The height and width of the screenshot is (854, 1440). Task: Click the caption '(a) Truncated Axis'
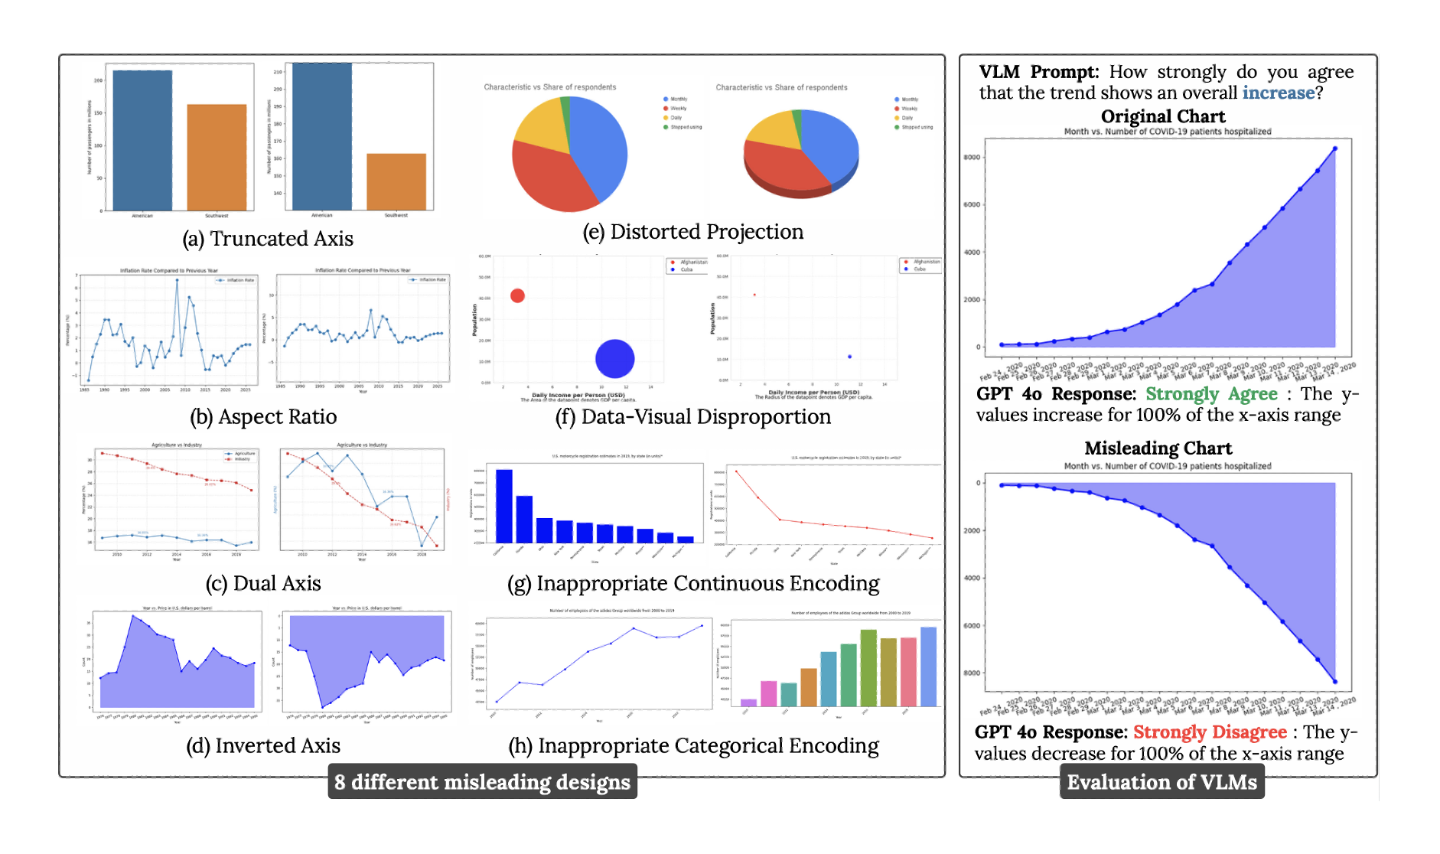click(x=268, y=239)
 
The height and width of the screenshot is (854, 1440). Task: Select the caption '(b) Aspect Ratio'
click(x=263, y=416)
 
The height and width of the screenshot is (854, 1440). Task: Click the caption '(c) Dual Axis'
click(x=263, y=583)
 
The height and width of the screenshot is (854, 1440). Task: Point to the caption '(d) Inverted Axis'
click(x=263, y=745)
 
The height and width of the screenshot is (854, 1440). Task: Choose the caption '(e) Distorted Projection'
click(x=692, y=232)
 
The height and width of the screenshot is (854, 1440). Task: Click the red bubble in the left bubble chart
click(x=517, y=295)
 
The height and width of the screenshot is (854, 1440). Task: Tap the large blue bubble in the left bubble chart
click(x=614, y=359)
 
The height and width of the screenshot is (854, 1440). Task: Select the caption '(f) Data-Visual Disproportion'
click(x=692, y=416)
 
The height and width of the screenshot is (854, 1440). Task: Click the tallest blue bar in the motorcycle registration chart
click(x=503, y=505)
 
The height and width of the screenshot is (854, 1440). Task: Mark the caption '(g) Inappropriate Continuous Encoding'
click(x=692, y=583)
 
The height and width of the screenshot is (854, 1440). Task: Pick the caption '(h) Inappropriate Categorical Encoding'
click(x=692, y=745)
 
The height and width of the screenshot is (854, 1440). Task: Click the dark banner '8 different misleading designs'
click(x=482, y=782)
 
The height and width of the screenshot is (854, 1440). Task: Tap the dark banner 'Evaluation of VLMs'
click(x=1161, y=782)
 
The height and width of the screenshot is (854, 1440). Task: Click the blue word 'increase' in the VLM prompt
click(x=1278, y=93)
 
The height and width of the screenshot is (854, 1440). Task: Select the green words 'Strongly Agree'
click(x=1211, y=394)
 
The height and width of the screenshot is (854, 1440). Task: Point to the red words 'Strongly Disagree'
click(x=1210, y=732)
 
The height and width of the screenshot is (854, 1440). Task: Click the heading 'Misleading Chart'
click(x=1158, y=448)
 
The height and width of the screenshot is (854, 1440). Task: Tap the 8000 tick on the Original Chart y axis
click(x=972, y=158)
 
